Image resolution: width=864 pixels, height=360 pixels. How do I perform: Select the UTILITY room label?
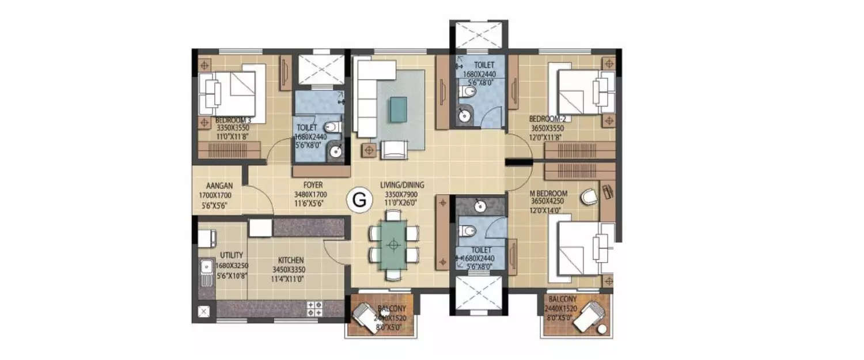click(231, 255)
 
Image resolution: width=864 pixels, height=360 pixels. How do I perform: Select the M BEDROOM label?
click(549, 193)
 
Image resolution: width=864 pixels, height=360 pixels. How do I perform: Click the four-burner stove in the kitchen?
click(315, 308)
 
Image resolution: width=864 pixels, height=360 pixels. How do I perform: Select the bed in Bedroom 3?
click(230, 93)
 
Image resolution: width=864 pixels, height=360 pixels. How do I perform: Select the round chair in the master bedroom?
click(589, 197)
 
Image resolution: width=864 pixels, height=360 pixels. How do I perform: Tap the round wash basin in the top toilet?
click(464, 117)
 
